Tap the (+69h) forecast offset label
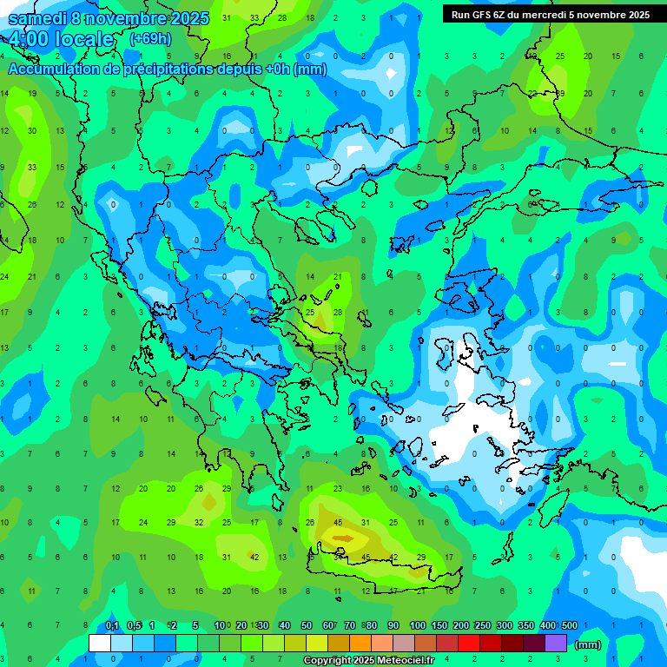tap(150, 39)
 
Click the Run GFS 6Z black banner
tap(550, 15)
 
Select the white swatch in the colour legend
tap(100, 644)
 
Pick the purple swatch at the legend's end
tap(556, 644)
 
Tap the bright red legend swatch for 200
tap(469, 644)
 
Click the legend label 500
tap(569, 626)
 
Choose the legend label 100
tap(417, 626)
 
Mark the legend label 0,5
tap(134, 626)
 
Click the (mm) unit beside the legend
tap(588, 644)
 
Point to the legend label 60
tap(328, 626)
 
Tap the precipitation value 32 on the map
tap(199, 523)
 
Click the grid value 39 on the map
tap(560, 93)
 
